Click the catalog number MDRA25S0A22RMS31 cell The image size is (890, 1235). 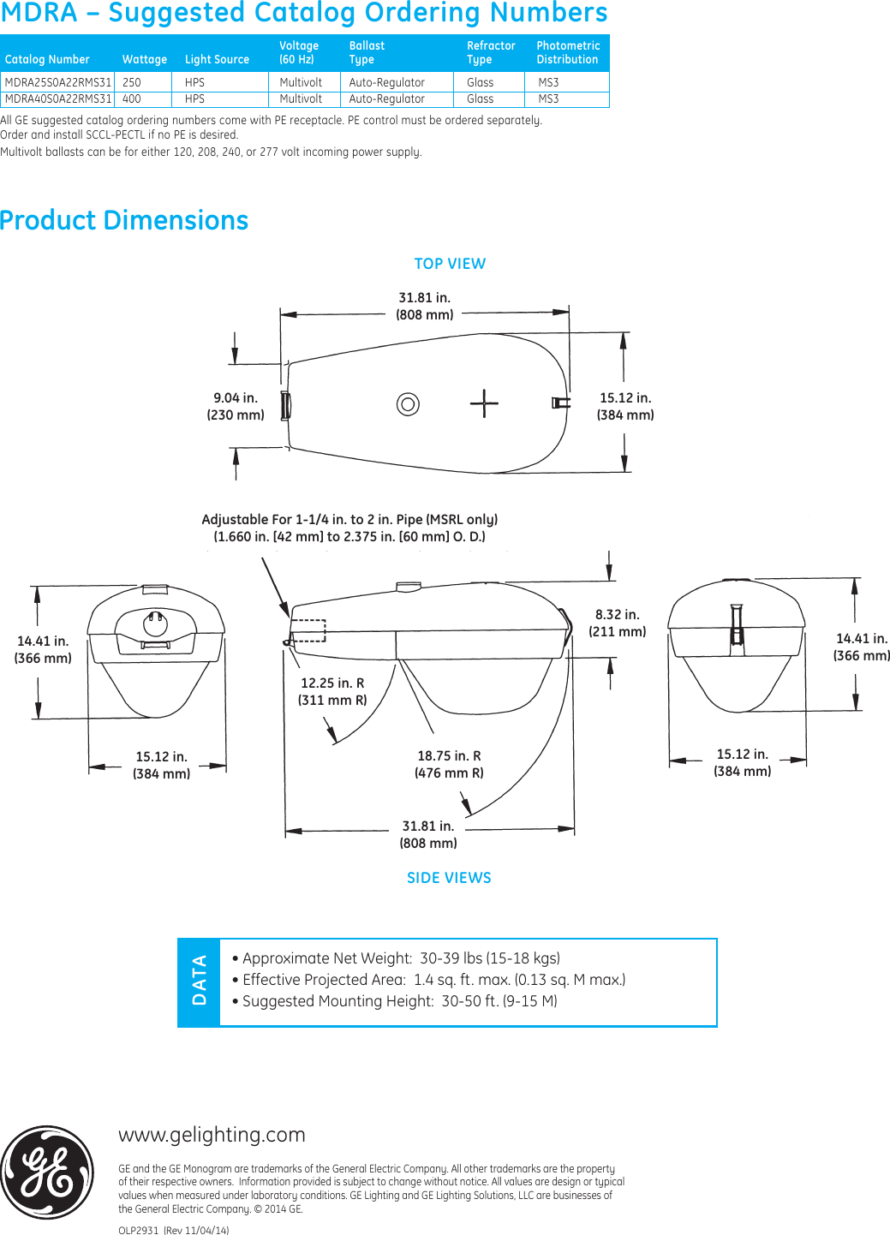point(57,82)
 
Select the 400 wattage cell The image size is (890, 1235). point(132,98)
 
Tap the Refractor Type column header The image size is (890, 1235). point(491,52)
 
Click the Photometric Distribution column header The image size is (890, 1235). point(567,52)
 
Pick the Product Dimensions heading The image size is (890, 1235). point(124,220)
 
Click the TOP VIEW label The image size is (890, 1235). point(450,264)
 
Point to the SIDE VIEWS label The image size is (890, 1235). point(449,878)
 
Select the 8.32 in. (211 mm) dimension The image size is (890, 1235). point(617,623)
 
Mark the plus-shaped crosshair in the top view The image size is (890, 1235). point(484,403)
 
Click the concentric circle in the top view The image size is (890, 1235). point(408,403)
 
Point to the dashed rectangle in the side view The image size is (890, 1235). point(308,630)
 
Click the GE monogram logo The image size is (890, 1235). point(48,1172)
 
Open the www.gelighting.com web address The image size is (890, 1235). point(212,1134)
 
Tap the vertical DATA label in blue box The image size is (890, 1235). point(200,981)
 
